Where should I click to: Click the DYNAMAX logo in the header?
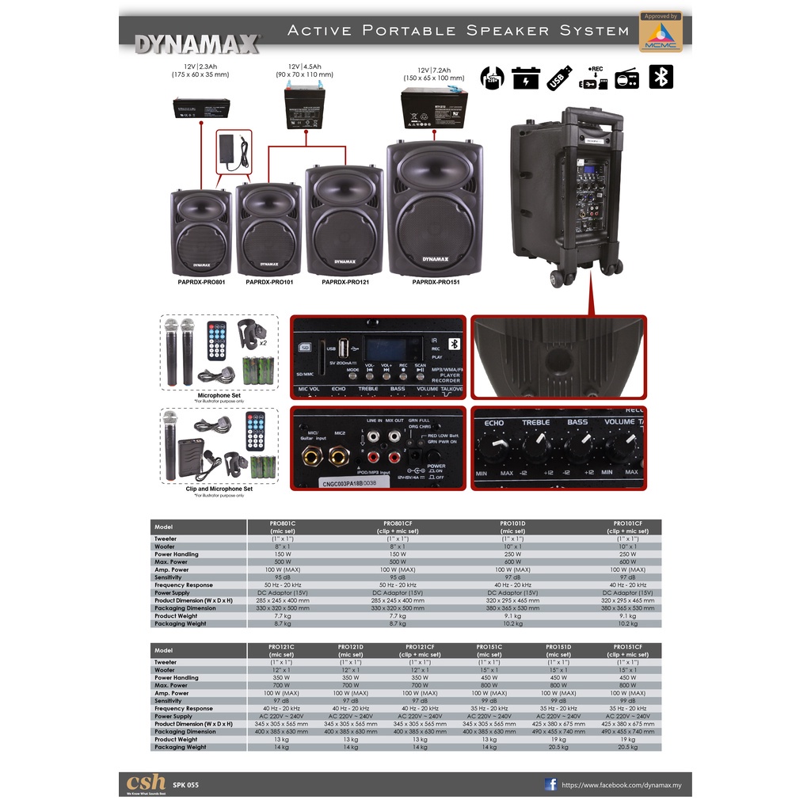click(x=197, y=43)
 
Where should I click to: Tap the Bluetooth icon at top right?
click(x=661, y=77)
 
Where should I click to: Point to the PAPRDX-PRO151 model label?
click(x=436, y=282)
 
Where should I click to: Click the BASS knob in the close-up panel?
click(x=577, y=450)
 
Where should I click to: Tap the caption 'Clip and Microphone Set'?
click(x=219, y=489)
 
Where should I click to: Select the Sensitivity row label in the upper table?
click(x=168, y=577)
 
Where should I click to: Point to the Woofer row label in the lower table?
click(x=165, y=670)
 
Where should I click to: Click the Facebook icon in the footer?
click(x=550, y=784)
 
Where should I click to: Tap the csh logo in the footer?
click(x=146, y=782)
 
